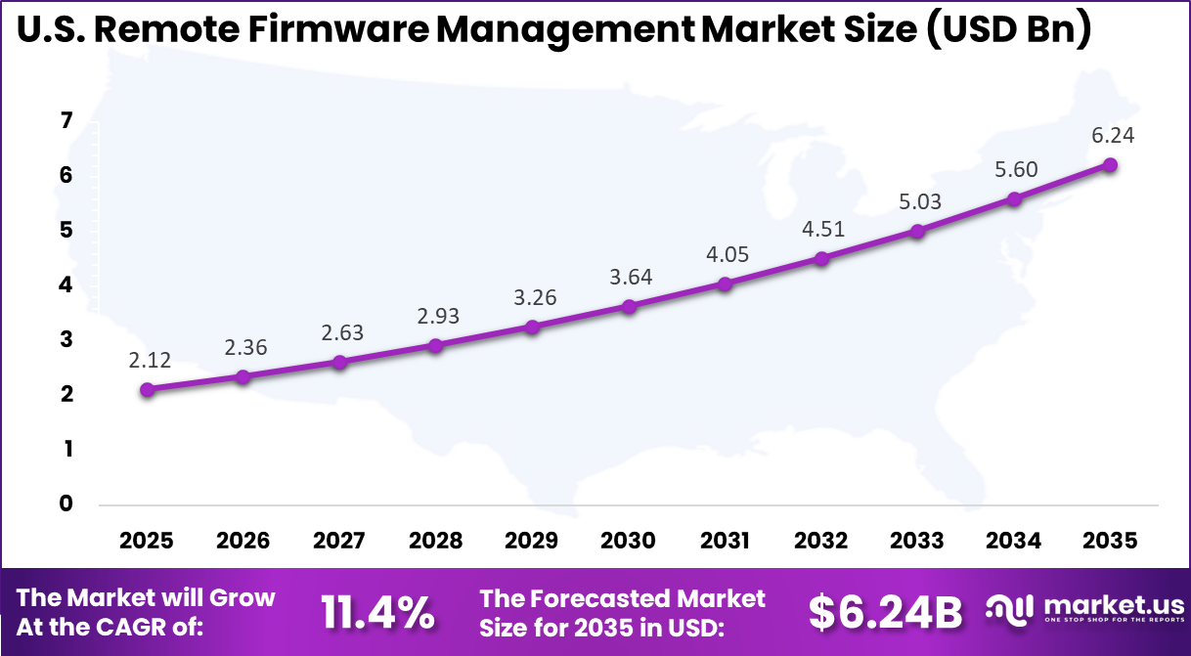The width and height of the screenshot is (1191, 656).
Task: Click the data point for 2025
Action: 148,389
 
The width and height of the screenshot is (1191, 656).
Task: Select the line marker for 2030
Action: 629,306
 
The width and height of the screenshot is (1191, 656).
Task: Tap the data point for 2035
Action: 1110,165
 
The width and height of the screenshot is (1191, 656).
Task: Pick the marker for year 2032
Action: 821,259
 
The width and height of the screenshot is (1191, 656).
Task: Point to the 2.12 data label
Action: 149,360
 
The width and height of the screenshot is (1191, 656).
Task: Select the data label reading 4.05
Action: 726,254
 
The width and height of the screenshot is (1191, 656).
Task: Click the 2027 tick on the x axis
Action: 340,541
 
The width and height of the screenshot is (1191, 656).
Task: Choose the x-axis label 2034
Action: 1014,541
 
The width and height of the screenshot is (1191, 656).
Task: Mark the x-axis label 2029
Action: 533,541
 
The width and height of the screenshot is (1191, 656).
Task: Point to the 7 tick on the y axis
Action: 66,121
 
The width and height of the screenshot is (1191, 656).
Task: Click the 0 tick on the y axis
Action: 66,503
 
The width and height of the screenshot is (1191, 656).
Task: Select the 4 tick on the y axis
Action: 66,285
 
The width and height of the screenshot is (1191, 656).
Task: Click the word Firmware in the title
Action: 332,31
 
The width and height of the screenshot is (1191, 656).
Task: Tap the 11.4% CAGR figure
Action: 378,612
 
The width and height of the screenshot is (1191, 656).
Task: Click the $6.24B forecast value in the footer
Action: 885,612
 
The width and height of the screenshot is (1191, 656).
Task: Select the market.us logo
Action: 1083,610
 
